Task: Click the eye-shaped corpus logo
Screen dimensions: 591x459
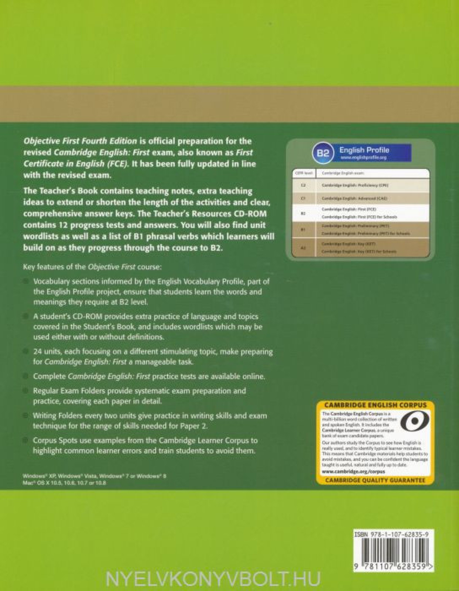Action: [x=415, y=421]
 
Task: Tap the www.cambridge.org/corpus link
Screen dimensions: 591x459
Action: [x=353, y=472]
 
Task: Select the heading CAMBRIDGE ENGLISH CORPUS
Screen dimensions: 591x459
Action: [x=375, y=405]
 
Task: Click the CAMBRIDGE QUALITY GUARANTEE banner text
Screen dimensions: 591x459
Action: [x=375, y=481]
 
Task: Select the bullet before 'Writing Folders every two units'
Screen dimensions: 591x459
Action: [x=26, y=416]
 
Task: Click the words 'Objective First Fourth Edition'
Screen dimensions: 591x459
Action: [x=80, y=141]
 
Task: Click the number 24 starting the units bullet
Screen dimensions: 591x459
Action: [x=37, y=352]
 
